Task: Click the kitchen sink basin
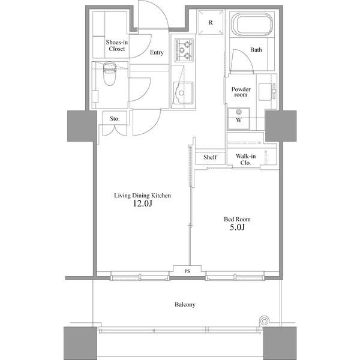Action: coord(182,93)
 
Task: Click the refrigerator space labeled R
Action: coord(211,23)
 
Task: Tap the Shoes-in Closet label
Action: coord(115,46)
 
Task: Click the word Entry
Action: coord(157,53)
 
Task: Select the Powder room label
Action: coord(241,92)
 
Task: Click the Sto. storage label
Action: coord(115,119)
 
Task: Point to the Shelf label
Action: coord(210,157)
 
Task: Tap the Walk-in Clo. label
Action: coord(246,159)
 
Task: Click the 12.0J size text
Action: coord(143,204)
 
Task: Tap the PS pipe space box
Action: coord(187,271)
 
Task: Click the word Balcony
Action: coord(185,304)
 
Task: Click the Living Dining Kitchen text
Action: coord(143,195)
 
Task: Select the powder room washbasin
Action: coord(266,92)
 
